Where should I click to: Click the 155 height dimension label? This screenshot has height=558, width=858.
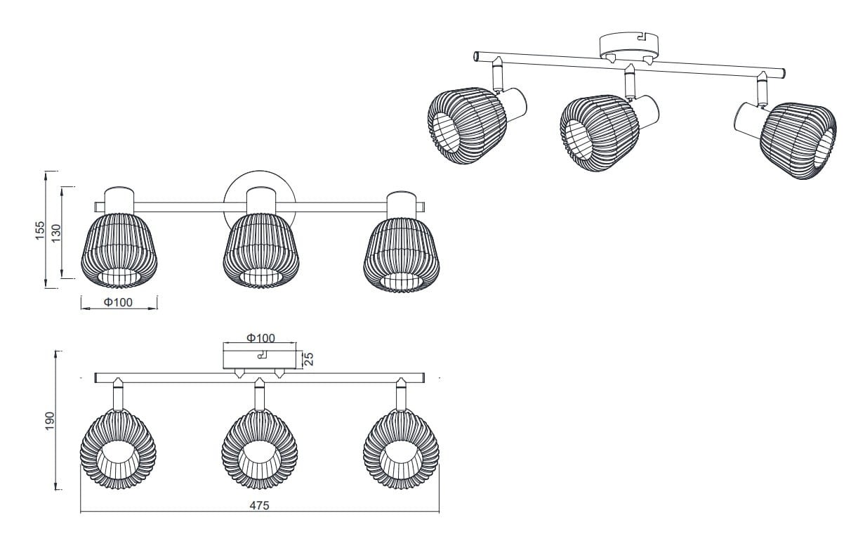pos(39,230)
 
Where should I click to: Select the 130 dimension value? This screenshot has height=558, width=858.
pos(56,233)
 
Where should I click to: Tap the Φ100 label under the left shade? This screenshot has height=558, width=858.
pos(118,303)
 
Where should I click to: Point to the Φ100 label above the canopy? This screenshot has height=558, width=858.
pos(260,338)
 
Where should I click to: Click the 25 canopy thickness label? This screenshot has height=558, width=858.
pos(308,358)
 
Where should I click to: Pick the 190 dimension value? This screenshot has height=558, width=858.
pos(49,420)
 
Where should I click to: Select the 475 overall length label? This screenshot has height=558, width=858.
pos(259,505)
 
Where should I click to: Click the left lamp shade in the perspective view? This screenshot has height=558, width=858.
pos(466,126)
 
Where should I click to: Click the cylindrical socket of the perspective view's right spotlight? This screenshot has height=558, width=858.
pos(747,117)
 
